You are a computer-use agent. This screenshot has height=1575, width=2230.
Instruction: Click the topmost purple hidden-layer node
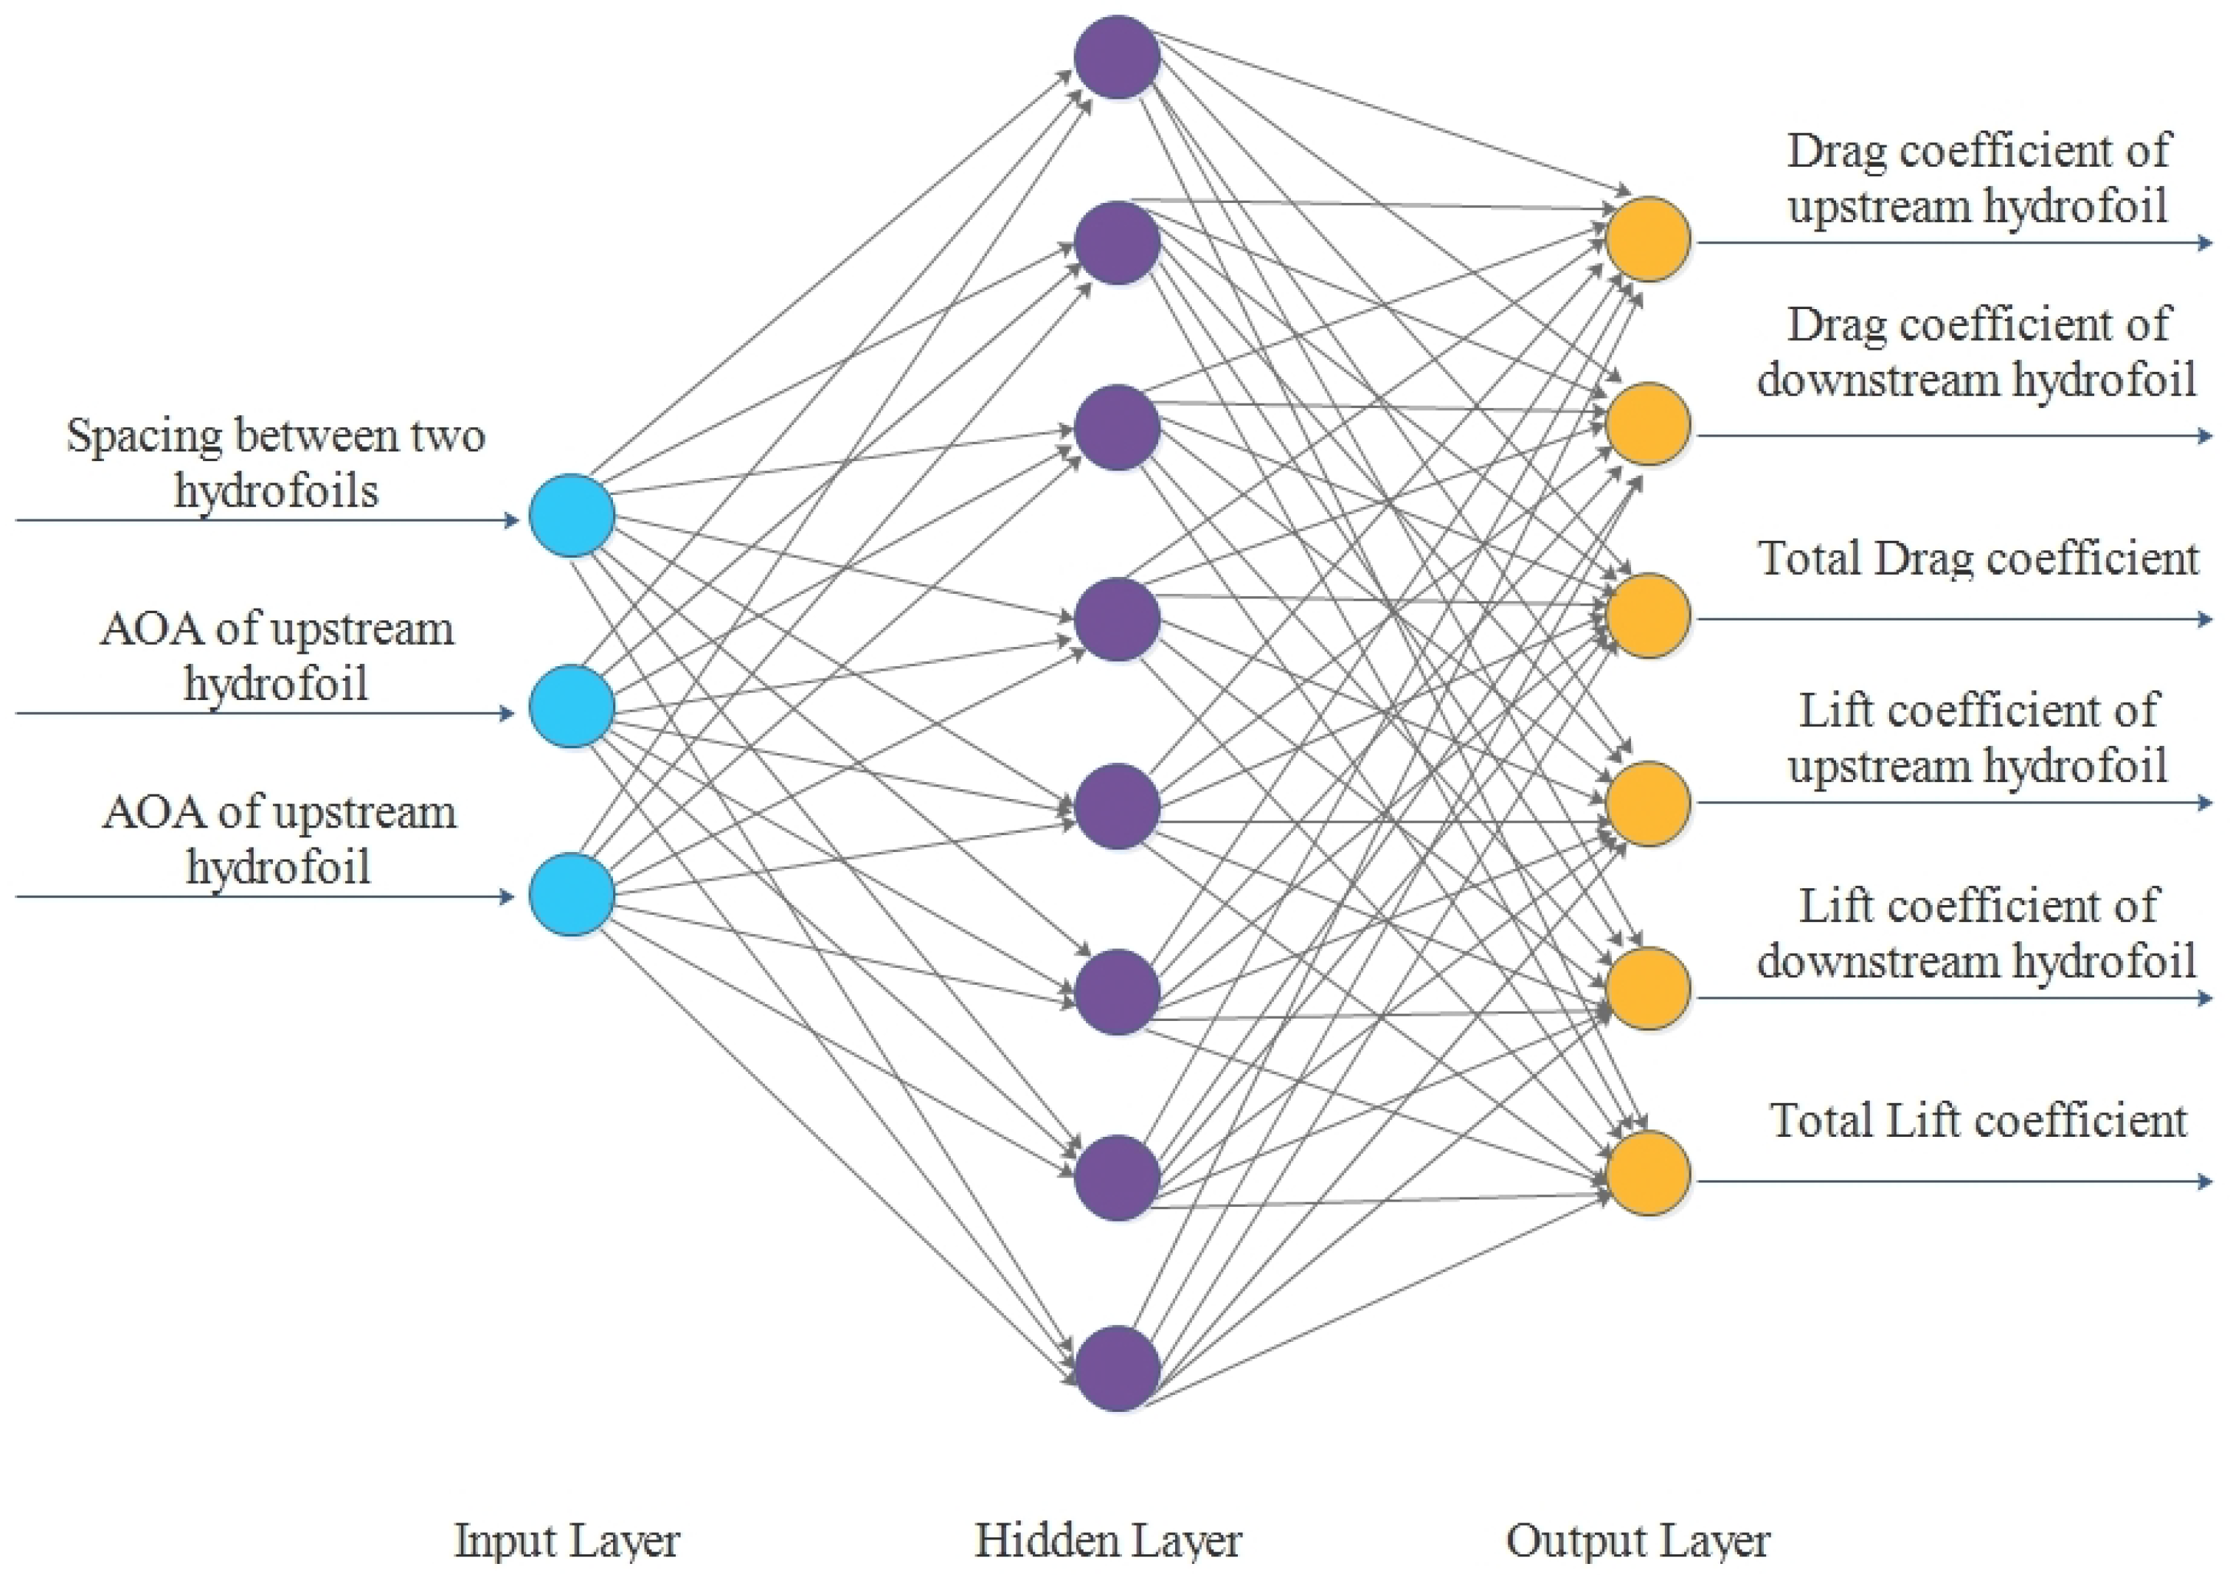1117,58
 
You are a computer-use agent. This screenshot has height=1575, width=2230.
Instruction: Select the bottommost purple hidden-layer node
1117,1368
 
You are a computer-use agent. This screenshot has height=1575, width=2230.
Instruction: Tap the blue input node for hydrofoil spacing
572,516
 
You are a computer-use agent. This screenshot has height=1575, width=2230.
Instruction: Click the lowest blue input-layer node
572,894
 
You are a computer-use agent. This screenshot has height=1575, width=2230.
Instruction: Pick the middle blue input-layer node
572,706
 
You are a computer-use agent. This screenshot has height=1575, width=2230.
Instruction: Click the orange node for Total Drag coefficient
1648,616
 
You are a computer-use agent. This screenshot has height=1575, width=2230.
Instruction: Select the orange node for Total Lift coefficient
1648,1173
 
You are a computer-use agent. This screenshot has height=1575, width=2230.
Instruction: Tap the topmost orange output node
1648,239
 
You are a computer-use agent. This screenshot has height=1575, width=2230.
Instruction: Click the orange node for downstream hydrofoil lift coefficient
1648,989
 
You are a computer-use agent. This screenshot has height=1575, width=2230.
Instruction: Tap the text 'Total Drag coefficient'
1978,559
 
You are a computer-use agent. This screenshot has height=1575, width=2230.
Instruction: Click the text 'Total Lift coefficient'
1978,1121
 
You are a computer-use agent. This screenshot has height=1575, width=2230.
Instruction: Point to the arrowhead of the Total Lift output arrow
2206,1182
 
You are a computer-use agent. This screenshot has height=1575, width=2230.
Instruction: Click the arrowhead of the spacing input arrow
513,521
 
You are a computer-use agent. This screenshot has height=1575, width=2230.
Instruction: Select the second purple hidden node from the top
1117,243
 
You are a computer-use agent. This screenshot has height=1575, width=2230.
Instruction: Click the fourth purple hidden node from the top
1117,620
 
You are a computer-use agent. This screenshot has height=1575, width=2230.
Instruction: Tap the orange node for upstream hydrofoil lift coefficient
1648,804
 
